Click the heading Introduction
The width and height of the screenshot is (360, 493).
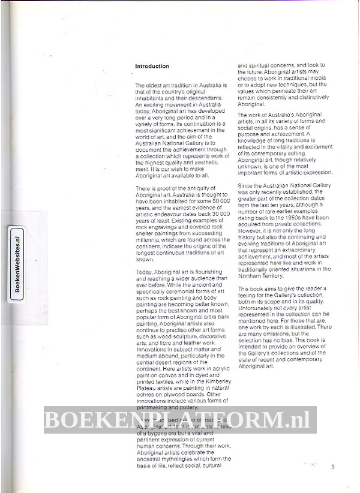[152, 66]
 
